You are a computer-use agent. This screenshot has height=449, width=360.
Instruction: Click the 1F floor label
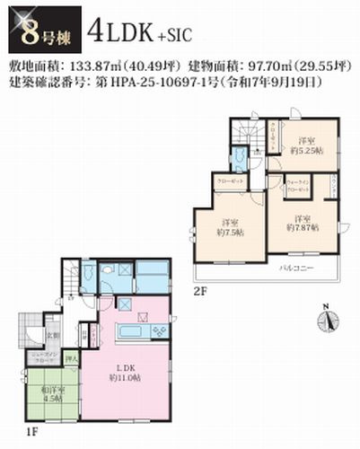click(x=31, y=430)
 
